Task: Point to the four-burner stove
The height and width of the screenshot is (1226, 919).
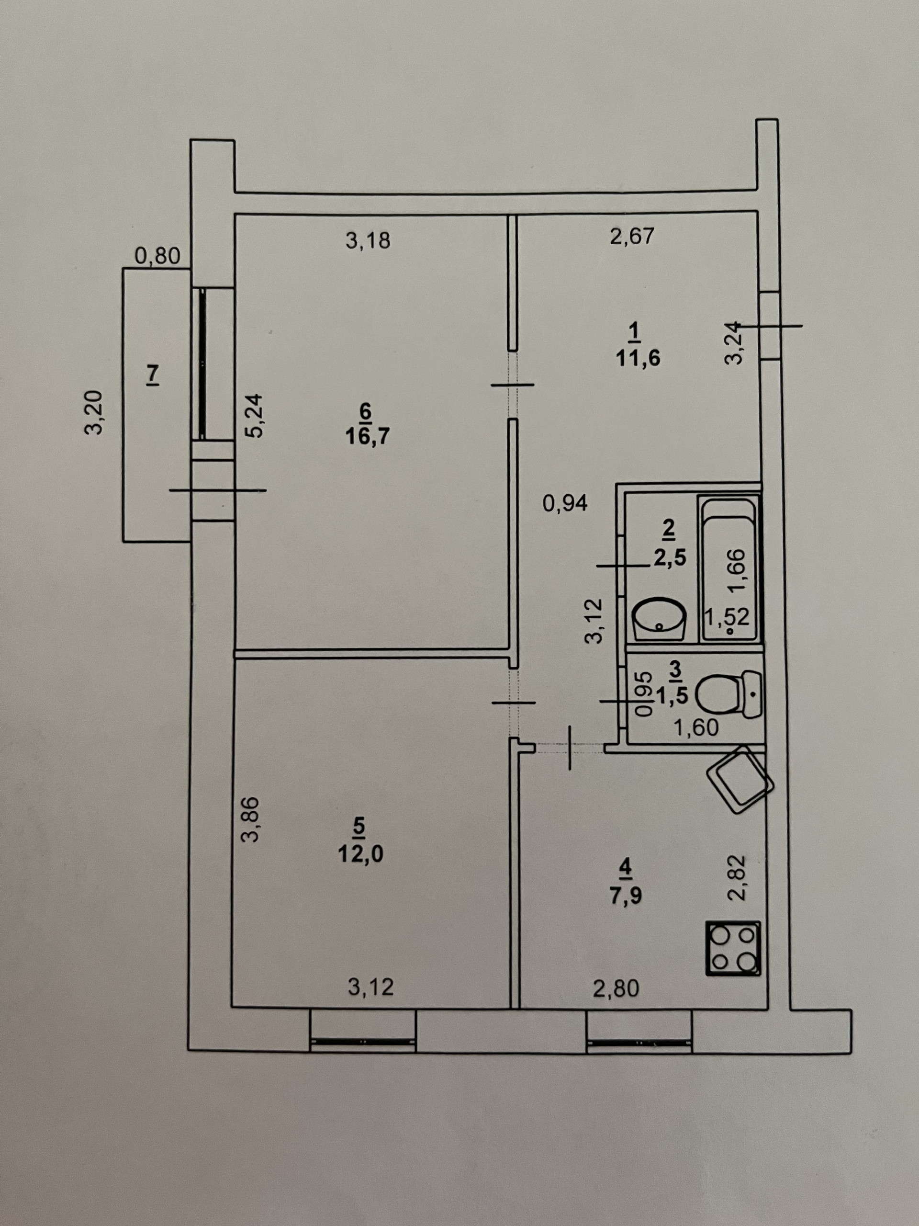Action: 733,948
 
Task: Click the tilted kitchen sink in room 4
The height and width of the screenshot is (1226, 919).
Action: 740,780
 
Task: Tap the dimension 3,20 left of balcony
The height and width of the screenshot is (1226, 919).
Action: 94,412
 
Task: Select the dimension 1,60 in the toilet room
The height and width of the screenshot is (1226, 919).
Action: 696,727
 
